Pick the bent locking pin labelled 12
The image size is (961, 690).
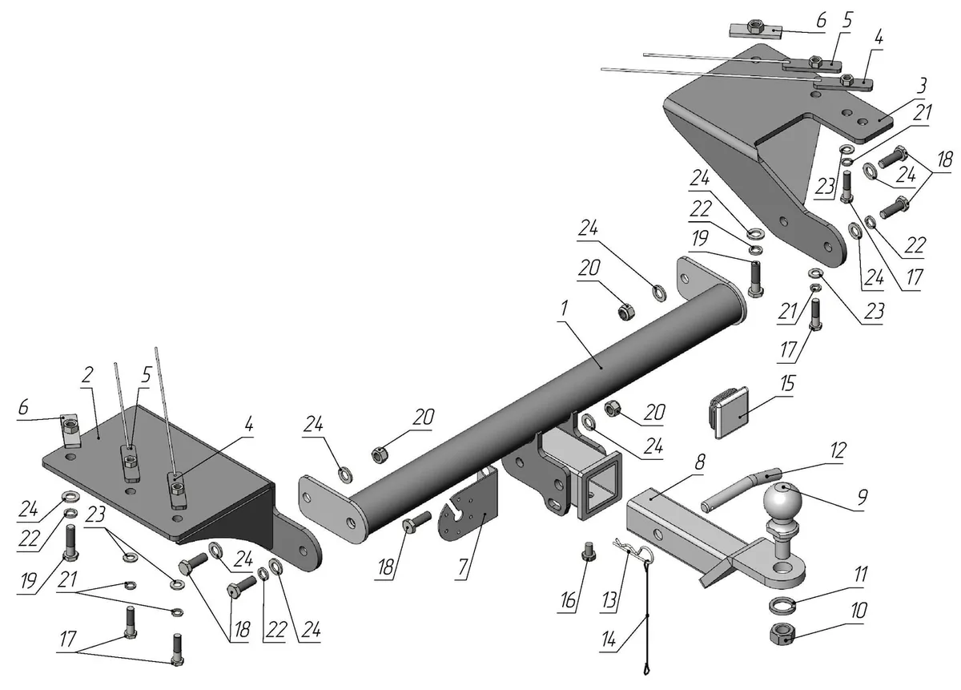point(742,490)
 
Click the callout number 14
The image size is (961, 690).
point(609,640)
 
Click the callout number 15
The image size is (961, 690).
point(787,383)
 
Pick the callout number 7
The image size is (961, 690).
point(463,567)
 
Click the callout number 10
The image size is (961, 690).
point(858,610)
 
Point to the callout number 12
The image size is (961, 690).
point(837,450)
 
